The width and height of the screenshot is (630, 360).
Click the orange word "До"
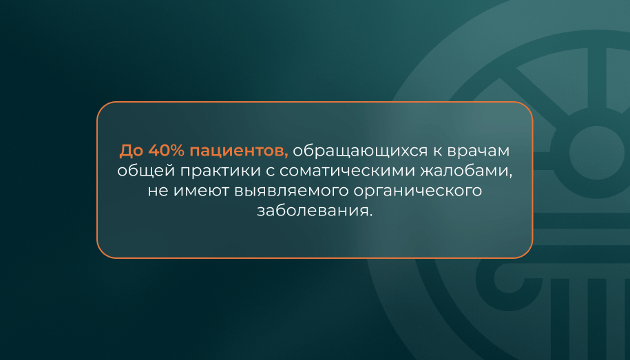pos(132,151)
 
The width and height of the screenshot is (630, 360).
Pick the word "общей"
pos(146,171)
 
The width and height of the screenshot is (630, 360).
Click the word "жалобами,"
pos(466,171)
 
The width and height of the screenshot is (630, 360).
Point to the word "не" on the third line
pos(158,191)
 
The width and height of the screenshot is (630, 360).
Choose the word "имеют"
pos(201,191)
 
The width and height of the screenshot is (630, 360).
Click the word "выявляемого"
pos(291,191)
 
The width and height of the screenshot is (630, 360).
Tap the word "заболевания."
pos(315,211)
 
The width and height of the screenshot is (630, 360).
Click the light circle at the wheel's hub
pos(597,153)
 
